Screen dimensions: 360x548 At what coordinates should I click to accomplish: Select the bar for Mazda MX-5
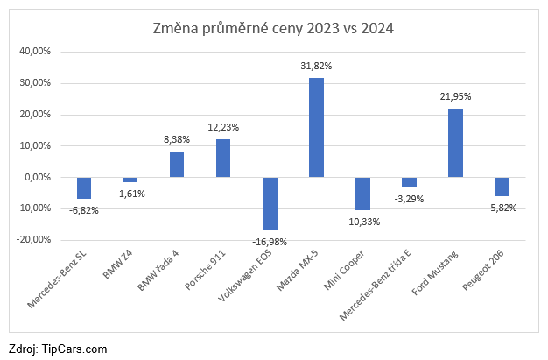pos(316,128)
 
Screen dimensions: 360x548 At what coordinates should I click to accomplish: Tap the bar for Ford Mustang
pos(455,143)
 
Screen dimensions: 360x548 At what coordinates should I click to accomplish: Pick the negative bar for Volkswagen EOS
pos(270,203)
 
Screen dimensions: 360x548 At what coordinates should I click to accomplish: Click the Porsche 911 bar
pos(223,159)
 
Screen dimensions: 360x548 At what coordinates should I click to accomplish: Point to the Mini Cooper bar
pos(362,194)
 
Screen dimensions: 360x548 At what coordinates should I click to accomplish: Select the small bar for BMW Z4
pos(130,180)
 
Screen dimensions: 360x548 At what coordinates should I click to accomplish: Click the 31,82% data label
pos(316,66)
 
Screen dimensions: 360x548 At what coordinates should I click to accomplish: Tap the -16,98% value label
pos(270,241)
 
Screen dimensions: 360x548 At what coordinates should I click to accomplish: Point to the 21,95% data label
pos(455,96)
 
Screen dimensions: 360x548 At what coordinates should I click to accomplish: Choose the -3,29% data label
pos(409,199)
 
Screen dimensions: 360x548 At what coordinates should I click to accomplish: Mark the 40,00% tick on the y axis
pos(36,52)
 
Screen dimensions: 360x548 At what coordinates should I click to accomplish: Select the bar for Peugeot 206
pos(502,187)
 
